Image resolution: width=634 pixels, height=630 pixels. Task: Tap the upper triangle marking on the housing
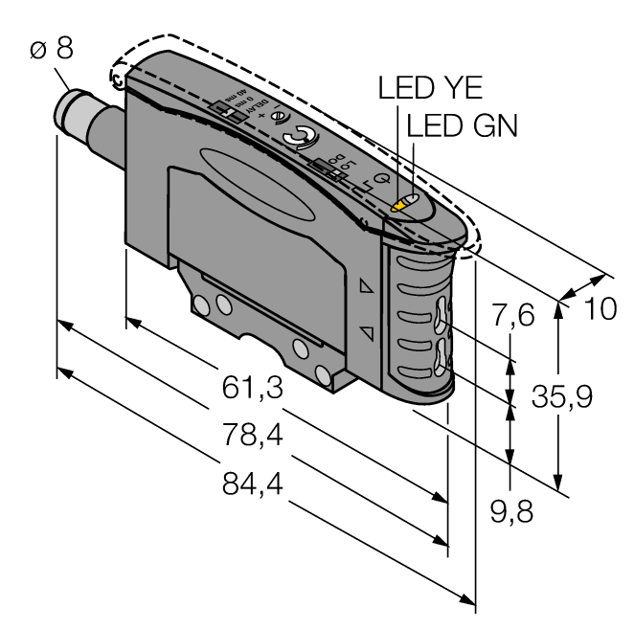[x=365, y=286]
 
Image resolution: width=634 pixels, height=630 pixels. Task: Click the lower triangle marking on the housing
[x=365, y=332]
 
